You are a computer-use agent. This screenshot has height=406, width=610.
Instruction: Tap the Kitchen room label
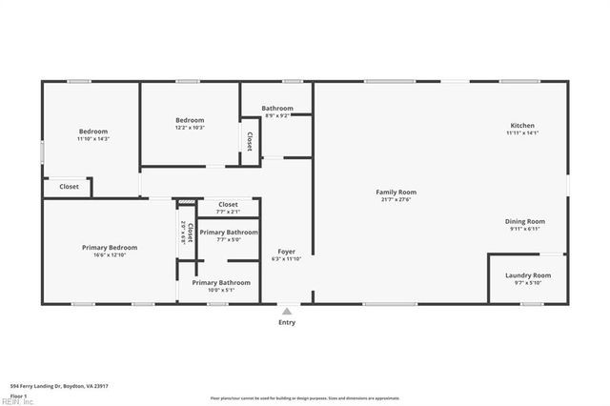(522, 126)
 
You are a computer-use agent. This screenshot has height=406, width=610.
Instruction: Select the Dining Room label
(524, 221)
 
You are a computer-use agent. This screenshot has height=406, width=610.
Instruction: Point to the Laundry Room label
(527, 274)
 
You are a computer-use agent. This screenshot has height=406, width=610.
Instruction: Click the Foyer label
(286, 252)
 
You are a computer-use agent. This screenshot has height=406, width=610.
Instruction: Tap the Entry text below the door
(287, 322)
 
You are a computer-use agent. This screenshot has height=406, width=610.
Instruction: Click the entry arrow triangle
(287, 310)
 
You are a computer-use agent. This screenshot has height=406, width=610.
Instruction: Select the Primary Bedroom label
(110, 247)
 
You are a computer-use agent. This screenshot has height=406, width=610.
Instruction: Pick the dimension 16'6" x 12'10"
(110, 254)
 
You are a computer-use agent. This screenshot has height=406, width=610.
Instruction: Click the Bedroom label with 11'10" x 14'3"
(93, 131)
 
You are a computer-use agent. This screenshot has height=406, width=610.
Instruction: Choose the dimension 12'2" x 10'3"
(190, 128)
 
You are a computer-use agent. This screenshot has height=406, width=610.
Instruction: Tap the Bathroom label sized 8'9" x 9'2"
(277, 108)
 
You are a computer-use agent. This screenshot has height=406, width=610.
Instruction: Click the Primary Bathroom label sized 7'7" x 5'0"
(229, 233)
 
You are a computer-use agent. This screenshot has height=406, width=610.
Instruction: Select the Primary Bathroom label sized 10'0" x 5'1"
(221, 282)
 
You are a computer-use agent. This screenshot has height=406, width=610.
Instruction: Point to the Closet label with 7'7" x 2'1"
(229, 204)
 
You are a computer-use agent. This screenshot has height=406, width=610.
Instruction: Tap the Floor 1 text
(18, 395)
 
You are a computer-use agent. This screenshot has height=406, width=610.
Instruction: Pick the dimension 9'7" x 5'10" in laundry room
(527, 282)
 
